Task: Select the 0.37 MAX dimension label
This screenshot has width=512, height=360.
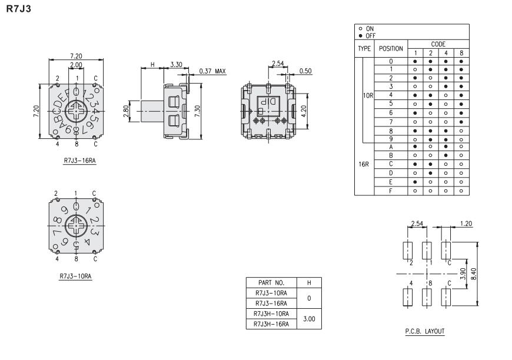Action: coord(212,71)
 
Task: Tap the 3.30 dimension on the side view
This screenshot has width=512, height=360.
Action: coord(175,64)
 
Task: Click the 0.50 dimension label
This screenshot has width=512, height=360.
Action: coord(305,71)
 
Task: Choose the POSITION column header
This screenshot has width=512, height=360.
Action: coord(390,48)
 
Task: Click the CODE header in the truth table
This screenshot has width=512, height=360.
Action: coord(437,44)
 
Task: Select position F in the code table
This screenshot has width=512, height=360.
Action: coord(390,191)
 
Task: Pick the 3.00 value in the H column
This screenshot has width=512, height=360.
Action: coord(309,319)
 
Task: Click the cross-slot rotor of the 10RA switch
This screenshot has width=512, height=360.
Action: coord(75,225)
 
